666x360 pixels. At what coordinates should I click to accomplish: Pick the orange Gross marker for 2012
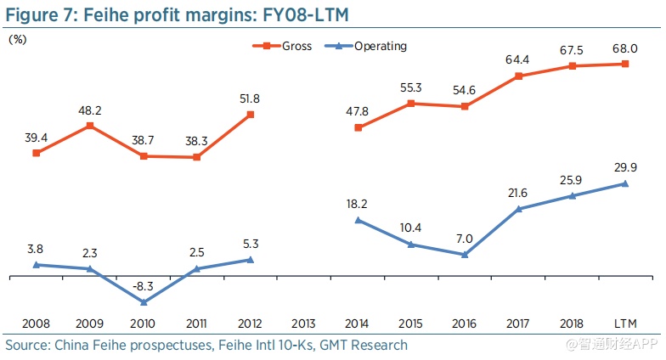[x=250, y=115]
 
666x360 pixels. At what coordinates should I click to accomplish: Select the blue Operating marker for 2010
[x=144, y=302]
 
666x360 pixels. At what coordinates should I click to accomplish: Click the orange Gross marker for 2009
[x=90, y=126]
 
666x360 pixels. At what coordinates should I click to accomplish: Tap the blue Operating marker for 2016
[x=465, y=255]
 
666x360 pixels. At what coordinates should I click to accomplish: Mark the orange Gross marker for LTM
[x=625, y=64]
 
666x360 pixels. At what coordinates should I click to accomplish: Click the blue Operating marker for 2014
[x=358, y=220]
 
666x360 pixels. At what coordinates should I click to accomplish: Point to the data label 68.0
[x=625, y=47]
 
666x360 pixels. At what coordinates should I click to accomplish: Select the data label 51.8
[x=250, y=98]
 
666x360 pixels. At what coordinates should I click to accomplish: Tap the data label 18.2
[x=358, y=204]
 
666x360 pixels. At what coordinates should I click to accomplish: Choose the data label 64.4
[x=518, y=59]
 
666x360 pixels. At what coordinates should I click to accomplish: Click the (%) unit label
[x=17, y=39]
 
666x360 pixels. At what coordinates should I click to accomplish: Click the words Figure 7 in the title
[x=36, y=14]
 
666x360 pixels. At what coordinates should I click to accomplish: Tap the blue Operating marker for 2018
[x=572, y=196]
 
